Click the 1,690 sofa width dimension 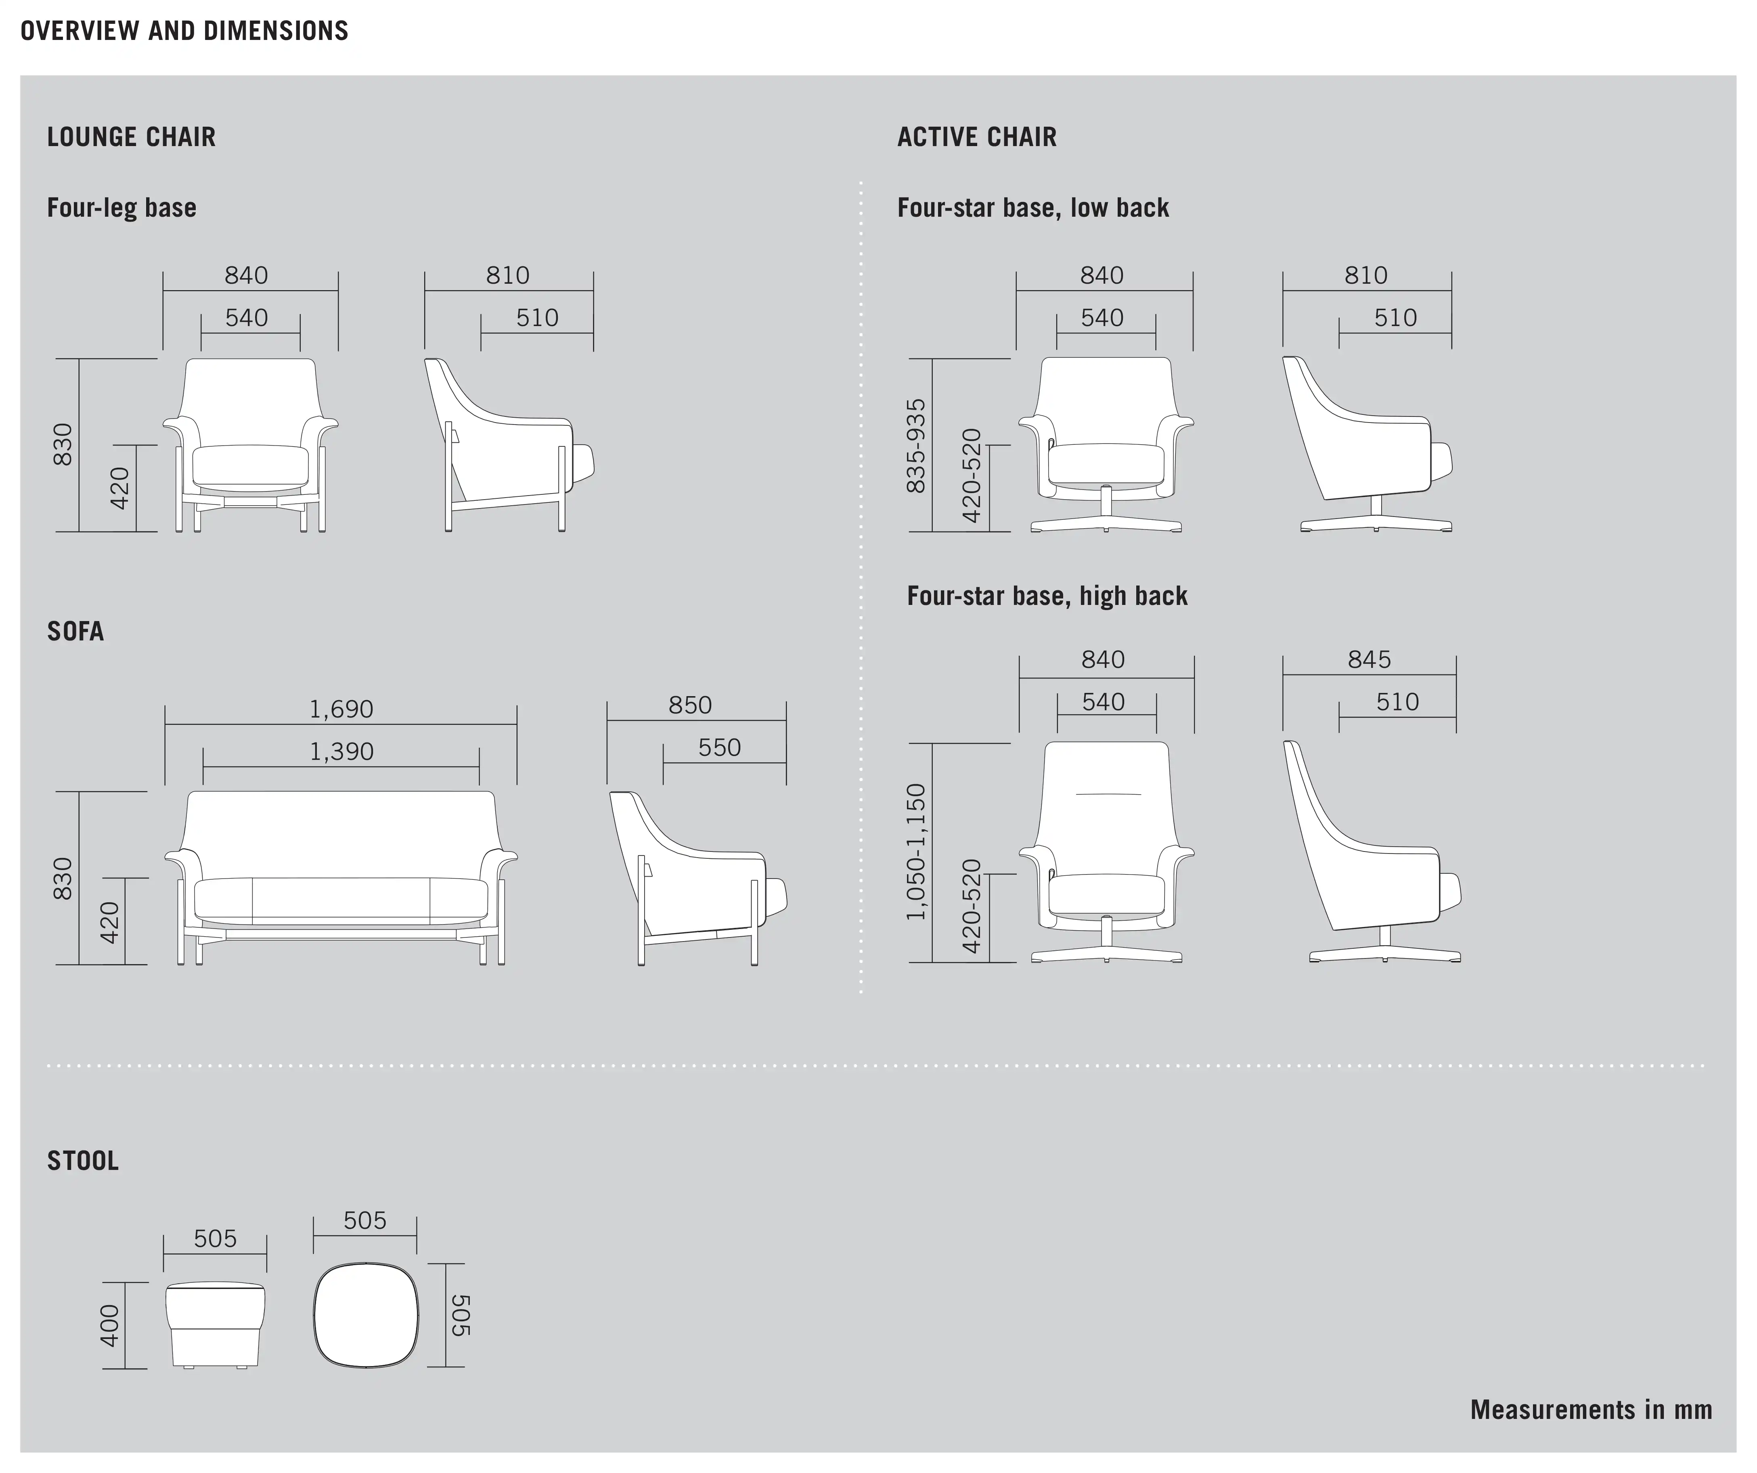341,709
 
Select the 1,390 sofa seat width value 341,752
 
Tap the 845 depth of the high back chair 1369,660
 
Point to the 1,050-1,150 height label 917,852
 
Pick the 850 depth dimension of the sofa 690,705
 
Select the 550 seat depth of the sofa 720,748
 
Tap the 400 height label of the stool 110,1326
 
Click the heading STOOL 83,1161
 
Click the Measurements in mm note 1592,1410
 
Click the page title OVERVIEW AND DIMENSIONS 184,31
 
